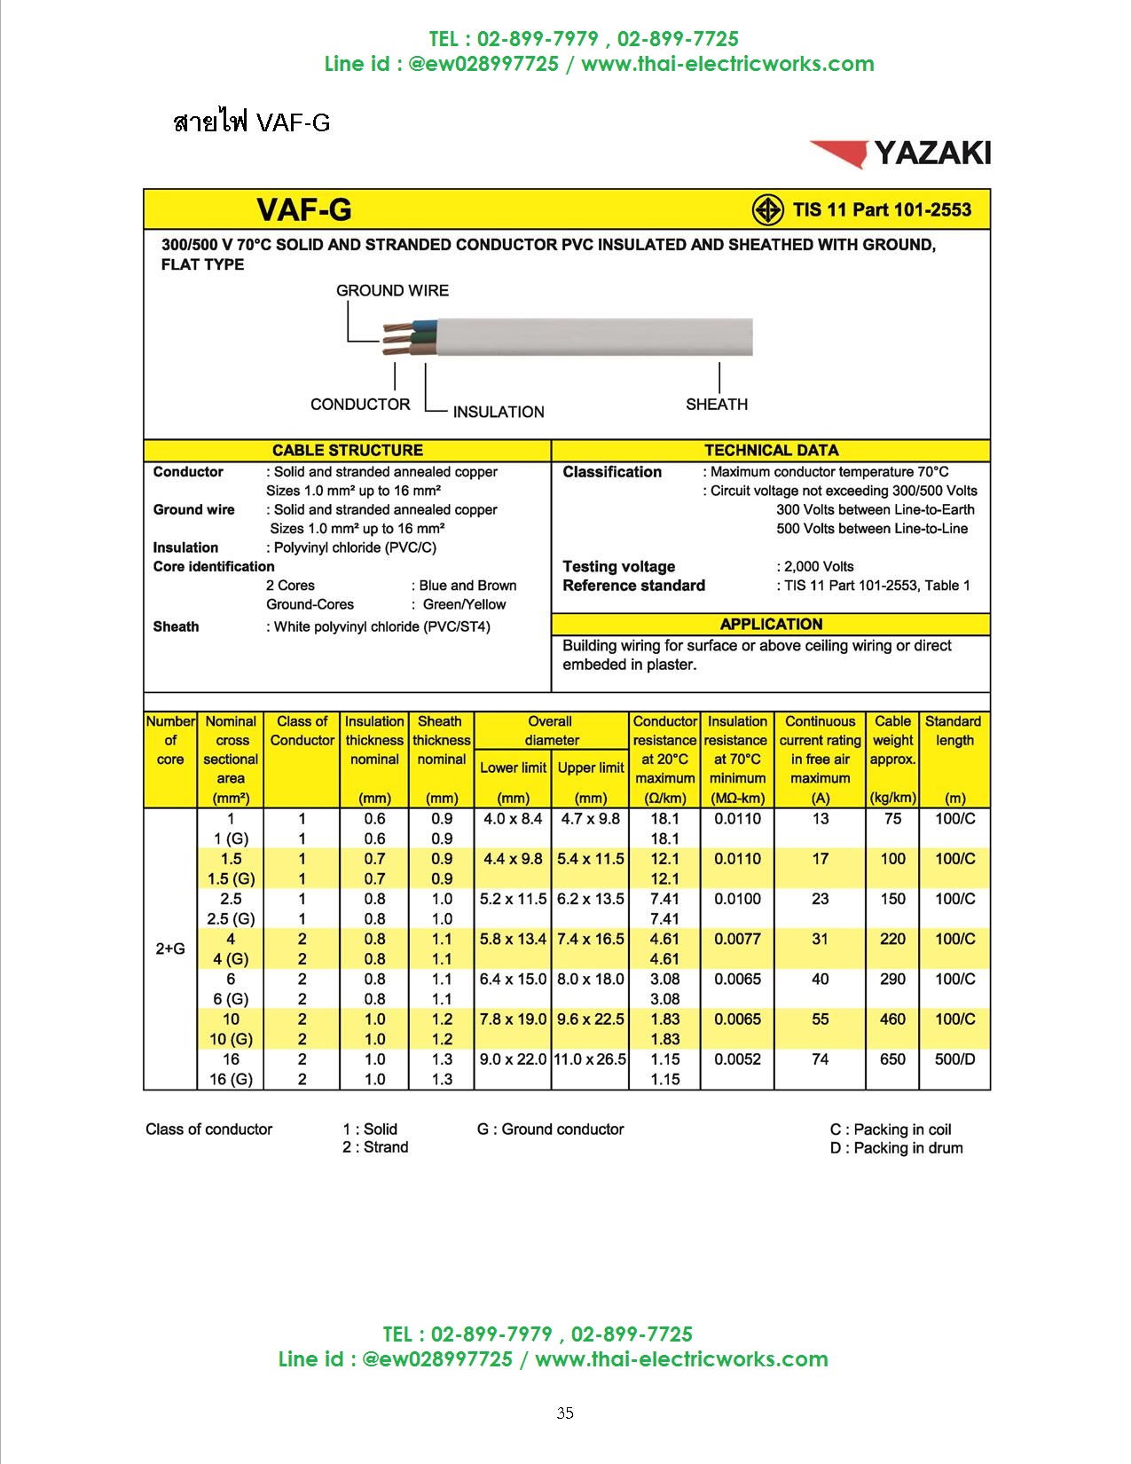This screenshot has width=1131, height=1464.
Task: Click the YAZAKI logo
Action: [900, 153]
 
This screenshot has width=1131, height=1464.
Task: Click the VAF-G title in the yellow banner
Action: [304, 210]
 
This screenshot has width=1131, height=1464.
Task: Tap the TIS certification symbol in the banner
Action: [767, 210]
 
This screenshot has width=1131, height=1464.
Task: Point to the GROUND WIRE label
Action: [392, 290]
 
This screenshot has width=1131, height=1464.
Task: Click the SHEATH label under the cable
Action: [717, 405]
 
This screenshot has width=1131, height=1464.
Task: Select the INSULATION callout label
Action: [499, 412]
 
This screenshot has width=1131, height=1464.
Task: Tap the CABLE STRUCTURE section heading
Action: [347, 450]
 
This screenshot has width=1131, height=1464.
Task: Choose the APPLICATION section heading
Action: [771, 624]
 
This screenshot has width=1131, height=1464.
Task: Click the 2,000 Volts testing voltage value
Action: [819, 566]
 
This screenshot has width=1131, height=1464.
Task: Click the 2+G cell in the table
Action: [170, 948]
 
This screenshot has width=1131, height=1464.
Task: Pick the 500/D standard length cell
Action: [954, 1059]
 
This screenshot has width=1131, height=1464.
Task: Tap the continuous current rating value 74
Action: [821, 1059]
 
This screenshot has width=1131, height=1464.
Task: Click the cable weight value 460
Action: [892, 1019]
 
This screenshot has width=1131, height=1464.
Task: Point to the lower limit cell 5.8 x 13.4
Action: [513, 939]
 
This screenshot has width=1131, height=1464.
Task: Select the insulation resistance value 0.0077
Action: [737, 939]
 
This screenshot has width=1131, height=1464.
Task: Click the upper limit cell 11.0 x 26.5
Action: [590, 1059]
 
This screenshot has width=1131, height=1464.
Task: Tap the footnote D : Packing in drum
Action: [896, 1148]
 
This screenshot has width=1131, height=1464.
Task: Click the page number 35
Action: [565, 1413]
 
